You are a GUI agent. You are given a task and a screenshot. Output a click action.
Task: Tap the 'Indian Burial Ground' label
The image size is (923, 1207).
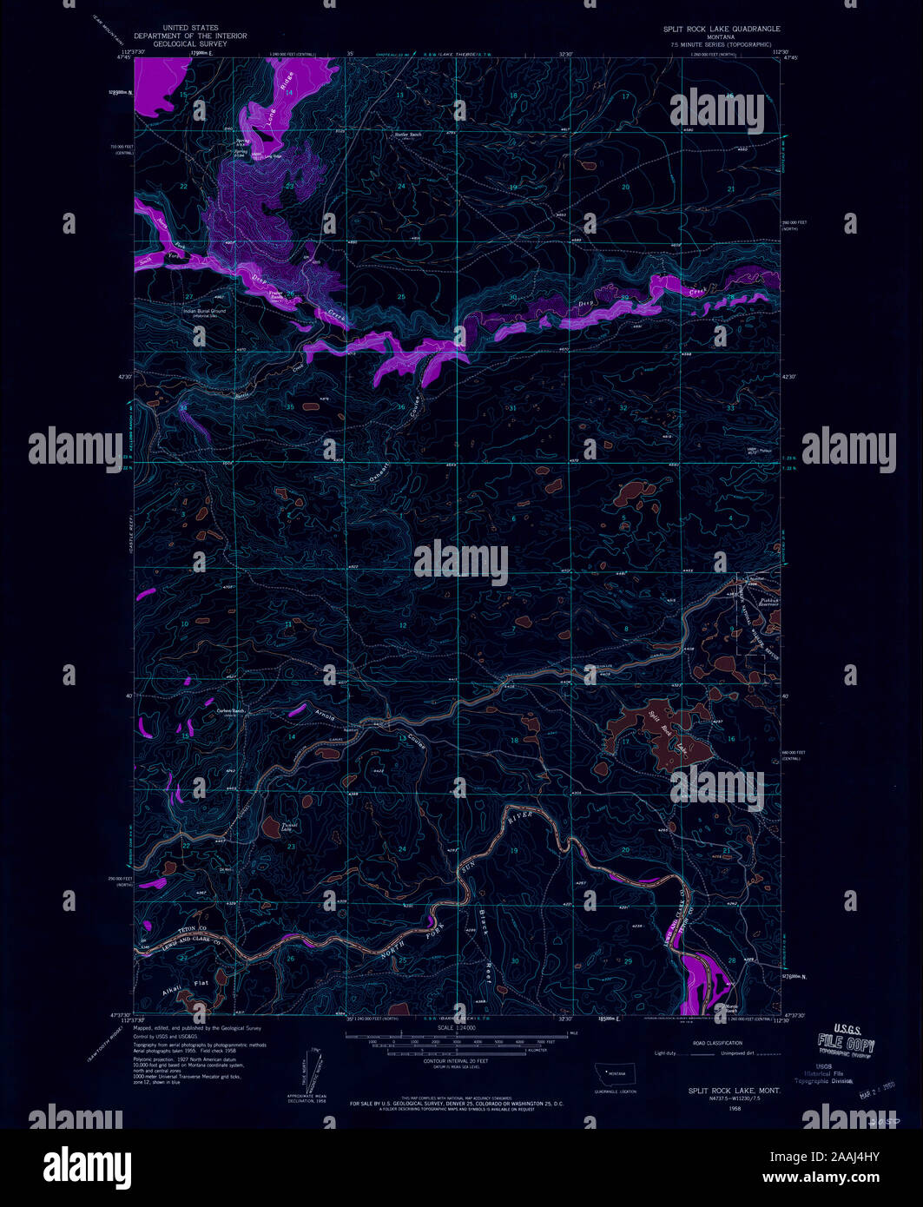pyautogui.click(x=204, y=311)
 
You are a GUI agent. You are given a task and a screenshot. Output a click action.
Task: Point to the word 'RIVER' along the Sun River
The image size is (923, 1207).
pyautogui.click(x=520, y=816)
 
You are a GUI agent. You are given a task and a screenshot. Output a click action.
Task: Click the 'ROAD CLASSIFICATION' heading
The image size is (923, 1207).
pyautogui.click(x=716, y=1043)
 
